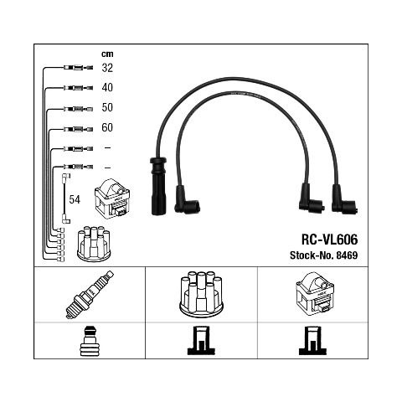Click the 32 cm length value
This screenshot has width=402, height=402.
(107, 68)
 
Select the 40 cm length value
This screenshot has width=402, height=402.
(107, 88)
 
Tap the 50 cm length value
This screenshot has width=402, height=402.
(107, 107)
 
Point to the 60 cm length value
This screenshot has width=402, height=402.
(107, 127)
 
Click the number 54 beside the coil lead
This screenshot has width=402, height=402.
(75, 199)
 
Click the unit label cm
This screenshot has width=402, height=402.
(107, 54)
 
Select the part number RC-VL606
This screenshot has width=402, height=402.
(329, 240)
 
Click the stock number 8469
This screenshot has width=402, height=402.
(347, 255)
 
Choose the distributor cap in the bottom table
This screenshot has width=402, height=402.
(201, 294)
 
